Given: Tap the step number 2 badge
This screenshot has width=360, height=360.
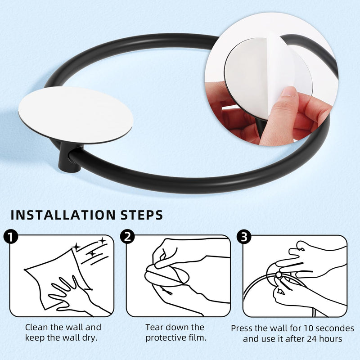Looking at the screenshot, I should pos(129,236).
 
